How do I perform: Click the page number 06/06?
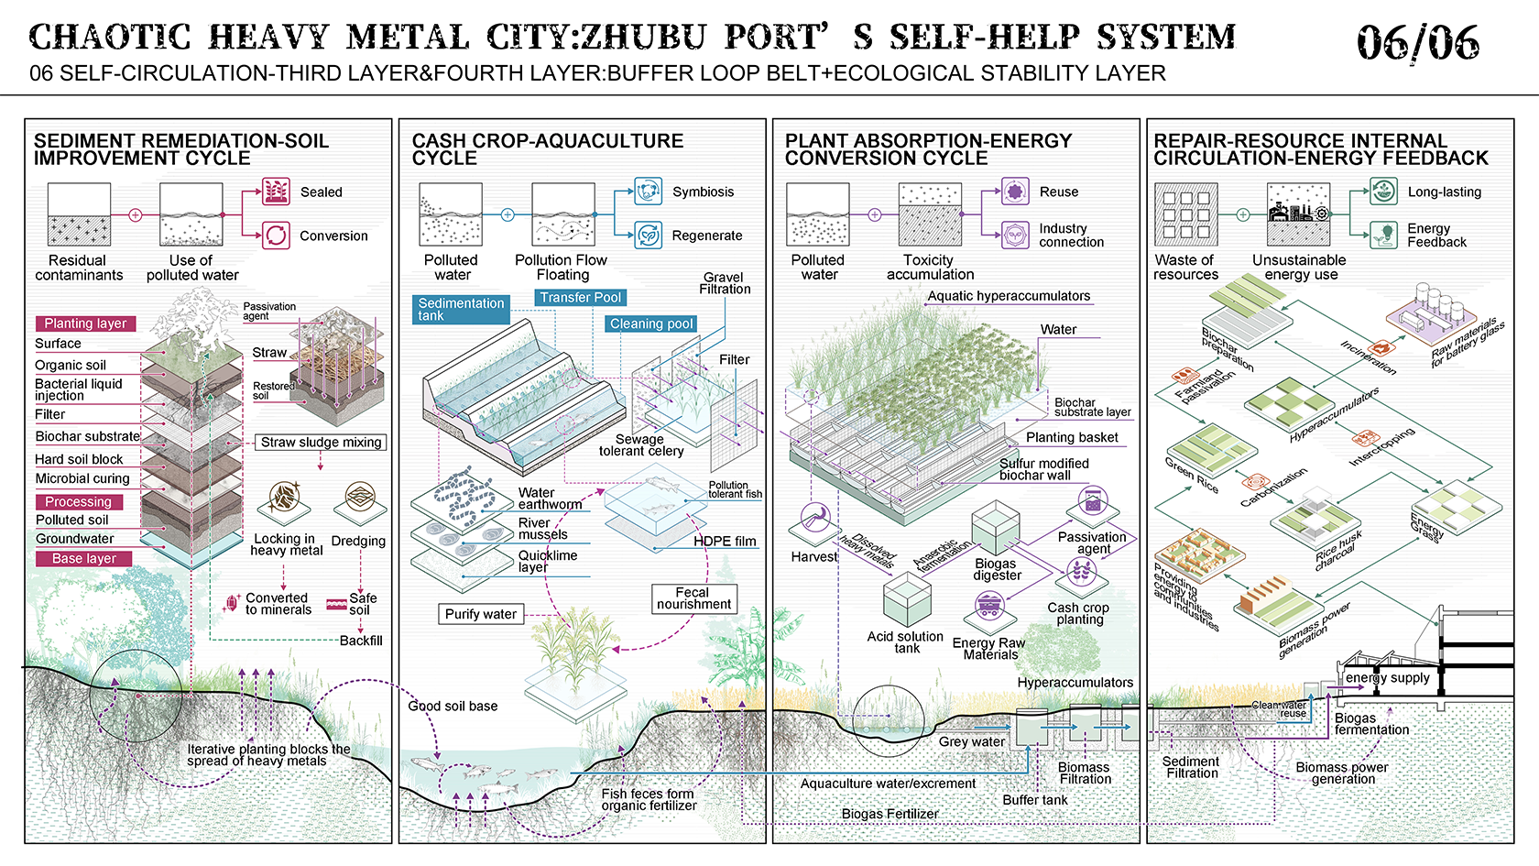click(x=1417, y=42)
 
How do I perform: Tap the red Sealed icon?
click(x=276, y=192)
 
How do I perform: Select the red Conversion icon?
click(x=276, y=236)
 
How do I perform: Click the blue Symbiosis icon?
click(x=648, y=192)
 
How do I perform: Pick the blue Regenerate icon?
click(x=648, y=236)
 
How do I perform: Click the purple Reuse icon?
click(x=1014, y=192)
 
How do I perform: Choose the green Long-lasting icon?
click(x=1383, y=192)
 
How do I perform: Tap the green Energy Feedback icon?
click(x=1383, y=235)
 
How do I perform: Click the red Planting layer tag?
click(x=86, y=323)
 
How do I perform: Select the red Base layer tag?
click(x=84, y=558)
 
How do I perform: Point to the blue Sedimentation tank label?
click(x=461, y=310)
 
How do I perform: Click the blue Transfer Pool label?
click(x=581, y=298)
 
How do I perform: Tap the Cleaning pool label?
click(x=651, y=323)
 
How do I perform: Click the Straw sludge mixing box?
click(x=321, y=443)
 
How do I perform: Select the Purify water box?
click(x=480, y=614)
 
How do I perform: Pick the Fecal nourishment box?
click(x=693, y=598)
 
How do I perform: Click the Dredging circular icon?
click(x=360, y=499)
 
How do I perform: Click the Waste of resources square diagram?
click(x=1185, y=214)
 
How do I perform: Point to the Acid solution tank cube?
click(x=907, y=600)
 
